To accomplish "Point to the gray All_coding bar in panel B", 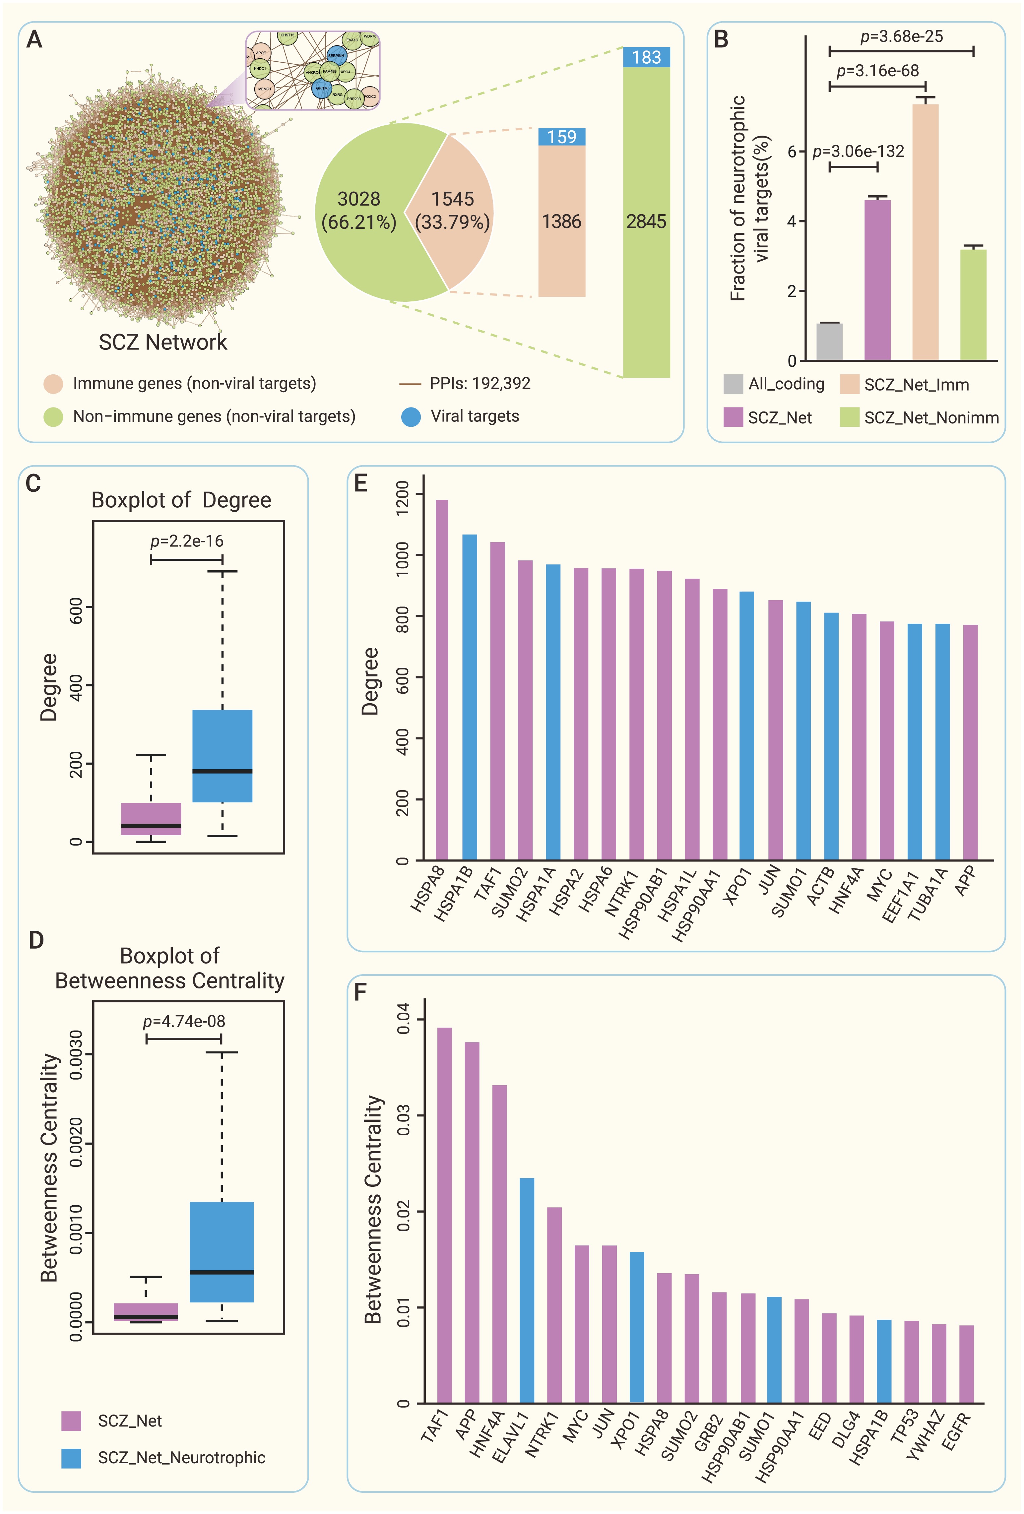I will tap(829, 342).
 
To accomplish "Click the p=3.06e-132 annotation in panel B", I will tap(858, 152).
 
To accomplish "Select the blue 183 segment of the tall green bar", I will tap(646, 57).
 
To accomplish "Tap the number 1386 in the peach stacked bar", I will tap(561, 221).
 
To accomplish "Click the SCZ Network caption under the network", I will tap(163, 342).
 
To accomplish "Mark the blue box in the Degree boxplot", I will tap(222, 756).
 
